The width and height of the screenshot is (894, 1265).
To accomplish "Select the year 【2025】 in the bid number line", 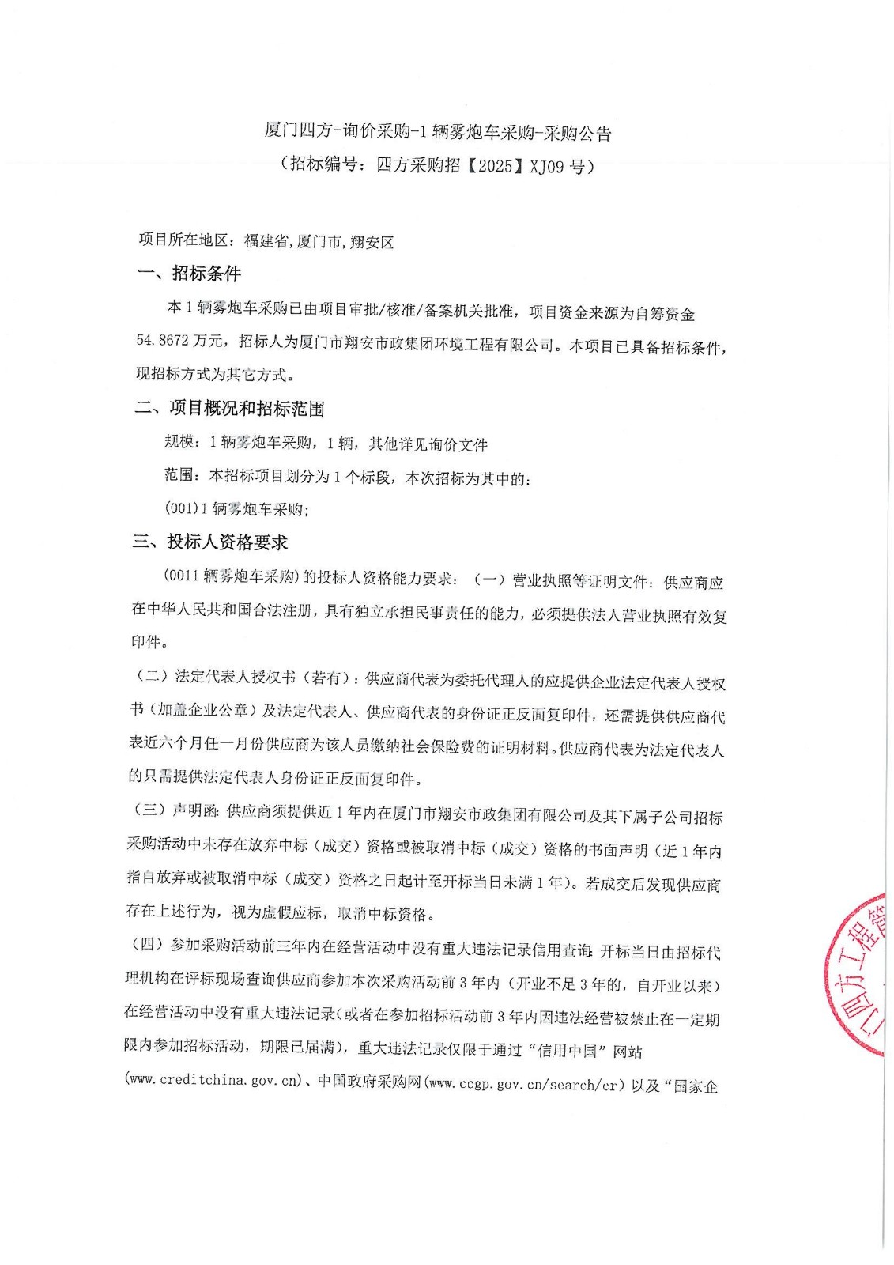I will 495,166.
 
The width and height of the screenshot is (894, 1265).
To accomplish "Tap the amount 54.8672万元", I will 179,341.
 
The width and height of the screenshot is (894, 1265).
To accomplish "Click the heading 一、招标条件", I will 189,274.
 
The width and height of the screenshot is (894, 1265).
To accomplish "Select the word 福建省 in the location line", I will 267,241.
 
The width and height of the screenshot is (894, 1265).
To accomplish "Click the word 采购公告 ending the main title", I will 585,134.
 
